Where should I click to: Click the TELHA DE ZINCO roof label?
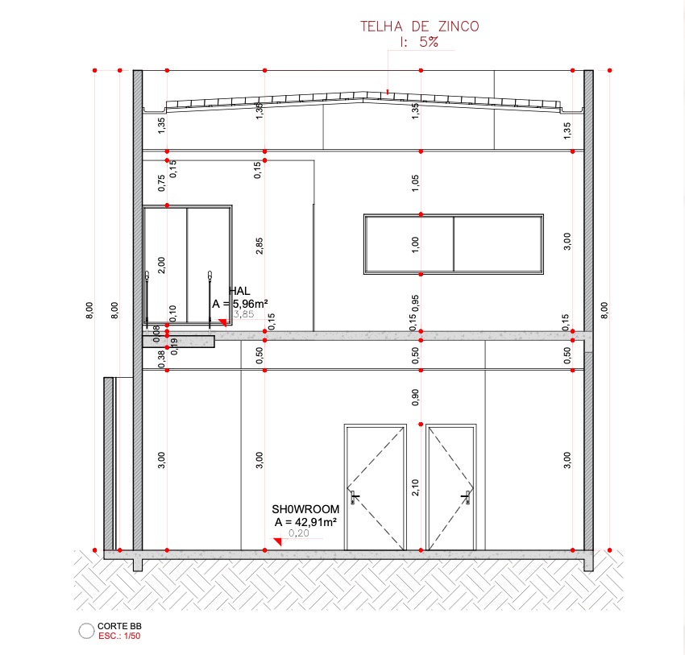coord(419,27)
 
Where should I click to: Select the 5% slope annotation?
coord(429,42)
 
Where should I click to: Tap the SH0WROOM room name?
coord(305,509)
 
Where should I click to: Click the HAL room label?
coord(240,291)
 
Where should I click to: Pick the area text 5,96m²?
coord(250,303)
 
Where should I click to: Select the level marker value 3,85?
coord(243,314)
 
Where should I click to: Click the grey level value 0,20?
coord(299,533)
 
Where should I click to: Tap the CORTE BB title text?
coord(119,626)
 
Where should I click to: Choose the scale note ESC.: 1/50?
coord(119,636)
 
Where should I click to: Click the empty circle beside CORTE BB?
coord(86,631)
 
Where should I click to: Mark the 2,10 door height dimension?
coord(415,487)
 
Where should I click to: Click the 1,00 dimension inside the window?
coord(415,245)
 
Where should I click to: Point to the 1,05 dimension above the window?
coord(415,184)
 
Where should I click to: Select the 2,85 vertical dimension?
coord(259,246)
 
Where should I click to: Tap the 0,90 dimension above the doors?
coord(415,397)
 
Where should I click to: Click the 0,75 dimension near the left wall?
coord(162,183)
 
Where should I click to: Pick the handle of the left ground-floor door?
coord(354,497)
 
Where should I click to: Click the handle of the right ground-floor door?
coord(466,497)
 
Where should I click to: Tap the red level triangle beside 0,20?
coord(278,542)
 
